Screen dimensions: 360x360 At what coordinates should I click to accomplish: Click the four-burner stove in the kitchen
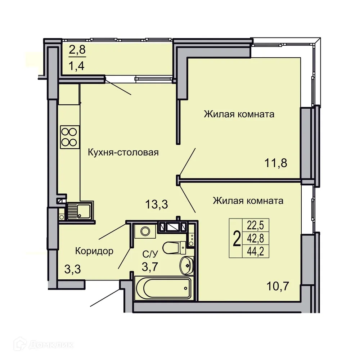point(70,137)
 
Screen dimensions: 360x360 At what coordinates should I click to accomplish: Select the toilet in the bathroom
point(174,248)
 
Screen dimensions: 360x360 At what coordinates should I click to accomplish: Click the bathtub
point(163,288)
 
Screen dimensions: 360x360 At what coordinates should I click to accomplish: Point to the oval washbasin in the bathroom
point(187,265)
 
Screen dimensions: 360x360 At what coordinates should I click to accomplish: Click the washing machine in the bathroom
point(145,231)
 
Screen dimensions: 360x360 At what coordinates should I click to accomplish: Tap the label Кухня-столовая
point(123,152)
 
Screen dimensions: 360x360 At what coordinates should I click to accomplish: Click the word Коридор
point(94,251)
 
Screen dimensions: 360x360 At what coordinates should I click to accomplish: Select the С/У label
point(150,254)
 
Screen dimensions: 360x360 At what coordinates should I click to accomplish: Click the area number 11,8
point(276,163)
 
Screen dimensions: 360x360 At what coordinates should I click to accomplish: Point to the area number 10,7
point(278,286)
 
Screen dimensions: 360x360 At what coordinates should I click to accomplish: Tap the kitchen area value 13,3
point(157,204)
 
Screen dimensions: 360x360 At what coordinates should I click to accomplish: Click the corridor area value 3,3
point(73,269)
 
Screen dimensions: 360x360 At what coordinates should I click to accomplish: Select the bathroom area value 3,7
point(150,267)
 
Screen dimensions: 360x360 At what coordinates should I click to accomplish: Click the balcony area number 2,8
point(77,50)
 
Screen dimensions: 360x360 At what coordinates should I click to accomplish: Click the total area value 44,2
point(255,251)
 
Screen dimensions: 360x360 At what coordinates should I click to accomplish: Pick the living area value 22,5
point(255,225)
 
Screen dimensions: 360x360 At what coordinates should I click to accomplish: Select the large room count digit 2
point(237,239)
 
